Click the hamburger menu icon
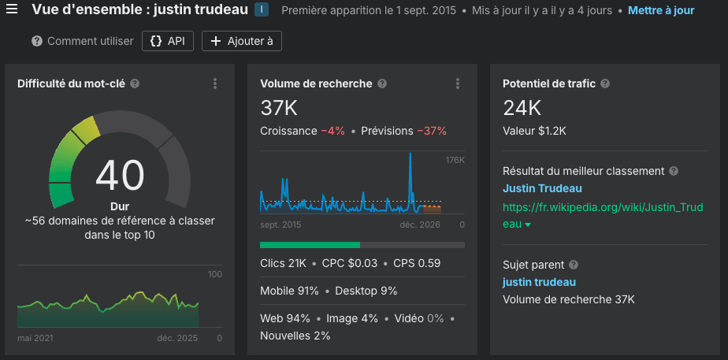coord(12,10)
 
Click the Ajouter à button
coord(242,41)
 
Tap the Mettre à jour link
coord(661,11)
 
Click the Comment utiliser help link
coord(83,41)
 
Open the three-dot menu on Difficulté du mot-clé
coord(215,84)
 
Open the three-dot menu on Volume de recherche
coord(458,84)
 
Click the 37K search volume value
coord(278,108)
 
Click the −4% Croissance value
coord(332,131)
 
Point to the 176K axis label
coord(455,160)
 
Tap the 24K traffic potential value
coord(522,108)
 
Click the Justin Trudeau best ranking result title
coord(542,188)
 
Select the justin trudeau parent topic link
coord(539,282)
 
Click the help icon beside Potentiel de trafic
coord(605,84)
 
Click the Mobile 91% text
coord(289,291)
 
